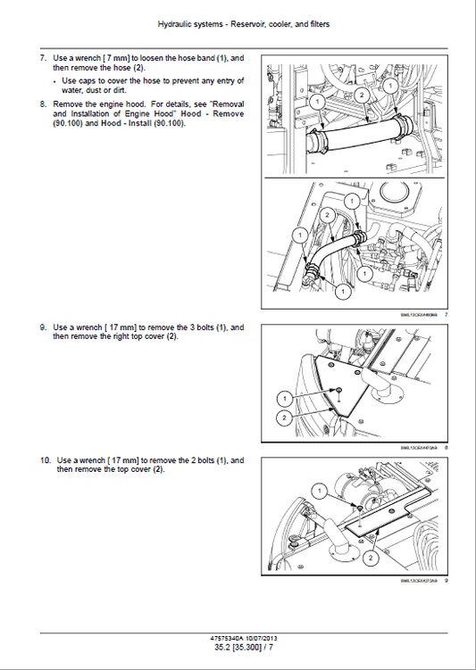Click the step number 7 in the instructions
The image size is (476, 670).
pyautogui.click(x=43, y=59)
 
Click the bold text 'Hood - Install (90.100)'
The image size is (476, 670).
pyautogui.click(x=141, y=123)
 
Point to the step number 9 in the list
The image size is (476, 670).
pyautogui.click(x=43, y=327)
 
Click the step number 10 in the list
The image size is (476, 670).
pyautogui.click(x=45, y=460)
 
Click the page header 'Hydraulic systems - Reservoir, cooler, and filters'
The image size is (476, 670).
pyautogui.click(x=238, y=24)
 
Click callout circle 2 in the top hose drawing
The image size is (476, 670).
pyautogui.click(x=359, y=95)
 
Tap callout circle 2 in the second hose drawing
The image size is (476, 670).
pyautogui.click(x=328, y=215)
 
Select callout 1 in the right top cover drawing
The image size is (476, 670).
pyautogui.click(x=283, y=397)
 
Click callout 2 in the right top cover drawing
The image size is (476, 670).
pyautogui.click(x=283, y=418)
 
